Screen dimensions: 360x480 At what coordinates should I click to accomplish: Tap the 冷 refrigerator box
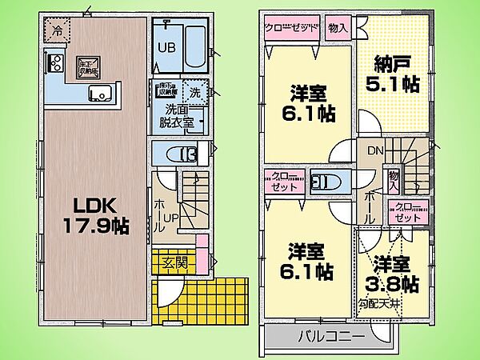click(x=57, y=31)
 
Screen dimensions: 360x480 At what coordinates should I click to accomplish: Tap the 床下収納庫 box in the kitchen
click(x=86, y=65)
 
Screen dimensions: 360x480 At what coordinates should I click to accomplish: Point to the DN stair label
click(x=374, y=150)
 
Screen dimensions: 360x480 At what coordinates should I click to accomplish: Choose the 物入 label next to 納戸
click(x=338, y=27)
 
